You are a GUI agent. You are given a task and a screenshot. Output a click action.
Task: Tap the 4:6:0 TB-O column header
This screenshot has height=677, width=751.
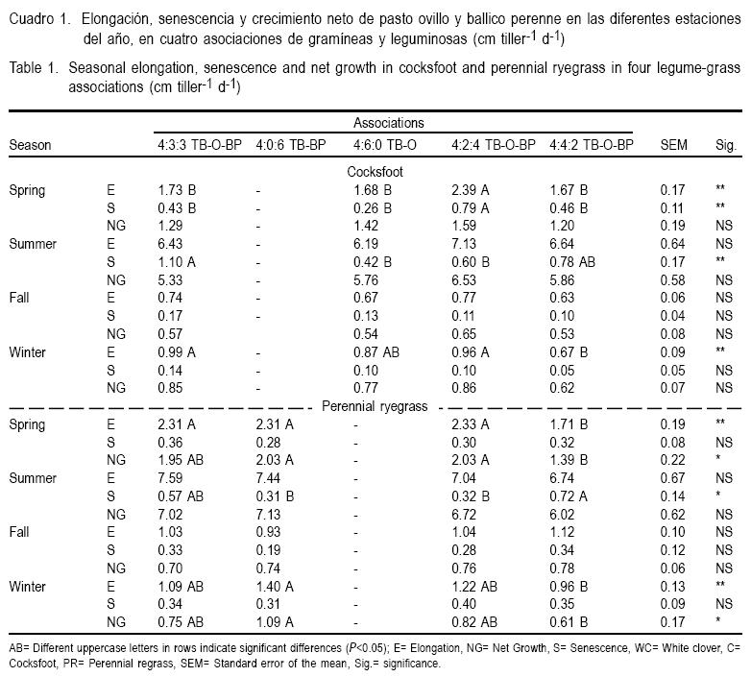pos(387,145)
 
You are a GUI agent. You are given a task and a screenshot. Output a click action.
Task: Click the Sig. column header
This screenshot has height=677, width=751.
pos(724,145)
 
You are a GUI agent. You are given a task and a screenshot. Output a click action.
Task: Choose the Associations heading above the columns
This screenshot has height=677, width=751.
pos(389,123)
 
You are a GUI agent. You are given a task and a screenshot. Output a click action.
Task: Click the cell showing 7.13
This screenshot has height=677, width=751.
pos(464,243)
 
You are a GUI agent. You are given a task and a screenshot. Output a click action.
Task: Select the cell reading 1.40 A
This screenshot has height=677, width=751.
pos(275,585)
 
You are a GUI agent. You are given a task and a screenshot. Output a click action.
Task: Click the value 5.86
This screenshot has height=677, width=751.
pos(562,279)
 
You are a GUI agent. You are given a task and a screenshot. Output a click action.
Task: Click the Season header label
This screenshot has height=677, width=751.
pos(30,145)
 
